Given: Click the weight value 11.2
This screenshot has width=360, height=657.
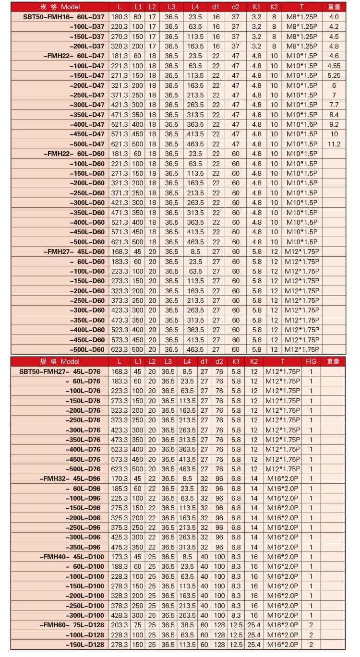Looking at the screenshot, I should tap(334, 144).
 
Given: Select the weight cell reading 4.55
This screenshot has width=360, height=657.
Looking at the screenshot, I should tap(334, 66).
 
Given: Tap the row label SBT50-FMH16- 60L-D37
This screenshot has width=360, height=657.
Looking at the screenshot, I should tap(63, 17).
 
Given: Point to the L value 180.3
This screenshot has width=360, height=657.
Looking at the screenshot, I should tap(120, 17).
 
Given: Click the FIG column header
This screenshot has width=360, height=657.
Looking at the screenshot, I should tap(311, 361).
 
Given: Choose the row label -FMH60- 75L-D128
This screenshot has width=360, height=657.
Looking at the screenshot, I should tap(72, 625).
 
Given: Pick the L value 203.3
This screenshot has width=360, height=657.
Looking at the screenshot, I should tap(119, 625).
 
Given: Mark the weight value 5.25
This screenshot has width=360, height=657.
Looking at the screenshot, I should tap(334, 75).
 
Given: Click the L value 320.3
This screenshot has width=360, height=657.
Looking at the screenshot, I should tap(120, 46).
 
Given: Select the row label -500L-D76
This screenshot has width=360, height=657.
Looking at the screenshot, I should tap(83, 469).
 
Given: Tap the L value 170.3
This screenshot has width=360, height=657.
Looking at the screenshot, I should tap(119, 478).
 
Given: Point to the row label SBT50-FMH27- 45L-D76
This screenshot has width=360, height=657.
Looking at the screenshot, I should tap(60, 371).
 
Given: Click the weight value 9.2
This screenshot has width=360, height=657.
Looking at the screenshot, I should tap(334, 124).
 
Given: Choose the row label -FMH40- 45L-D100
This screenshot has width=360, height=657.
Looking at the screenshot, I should tap(72, 557).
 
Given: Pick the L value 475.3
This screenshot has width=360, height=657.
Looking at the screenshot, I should tap(119, 547).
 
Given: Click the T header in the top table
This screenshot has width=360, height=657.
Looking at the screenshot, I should tap(301, 7).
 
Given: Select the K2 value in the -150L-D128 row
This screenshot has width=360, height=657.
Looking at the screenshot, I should tap(254, 645).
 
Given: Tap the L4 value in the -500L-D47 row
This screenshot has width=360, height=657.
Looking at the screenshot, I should tap(195, 144).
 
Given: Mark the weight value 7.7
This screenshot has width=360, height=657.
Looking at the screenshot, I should tap(334, 105).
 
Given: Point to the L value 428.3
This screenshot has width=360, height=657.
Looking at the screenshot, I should tap(119, 616).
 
